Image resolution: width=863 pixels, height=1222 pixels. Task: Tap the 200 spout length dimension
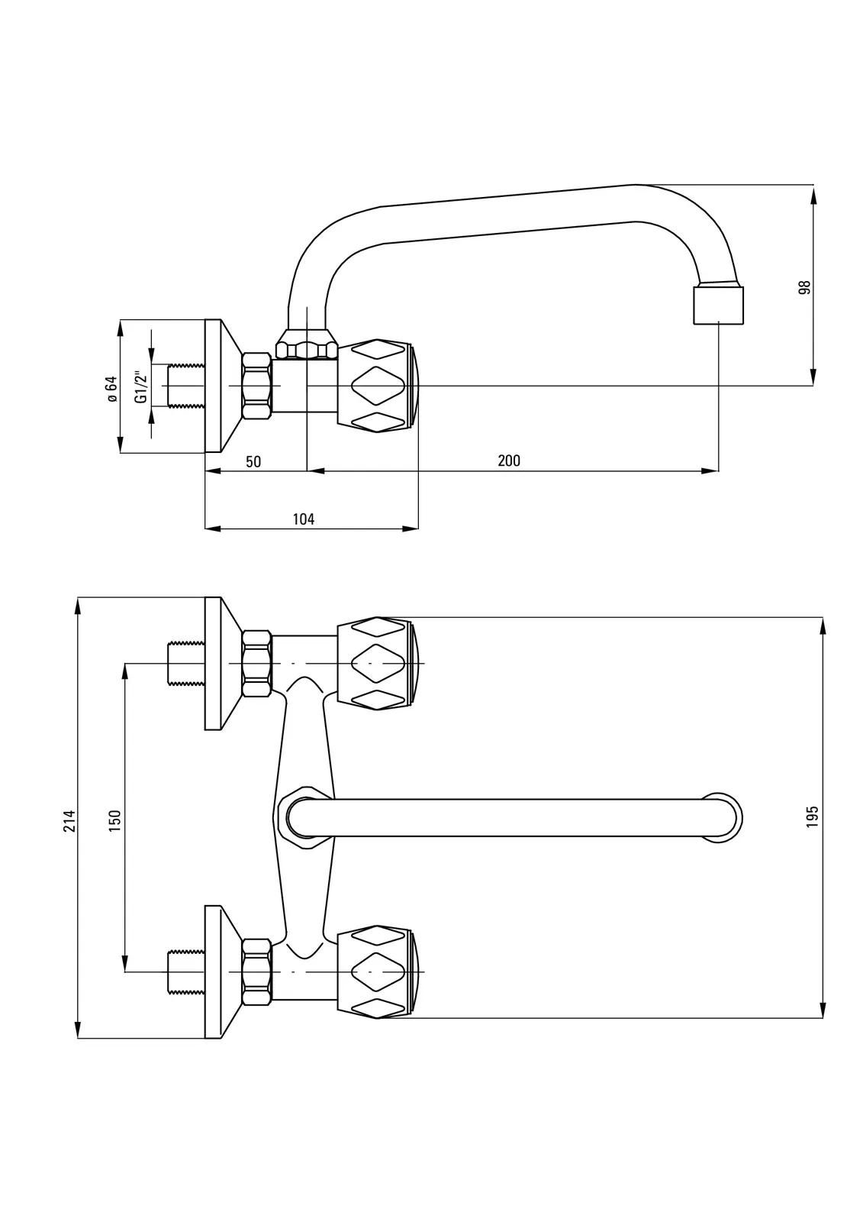pos(509,461)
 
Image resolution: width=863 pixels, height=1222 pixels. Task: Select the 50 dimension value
pos(253,461)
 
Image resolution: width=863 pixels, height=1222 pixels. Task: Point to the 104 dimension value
pos(304,519)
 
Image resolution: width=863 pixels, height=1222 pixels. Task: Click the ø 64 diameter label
pos(111,387)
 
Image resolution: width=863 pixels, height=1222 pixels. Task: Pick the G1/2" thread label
pos(140,386)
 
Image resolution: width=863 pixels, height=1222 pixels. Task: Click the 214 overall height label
pos(69,820)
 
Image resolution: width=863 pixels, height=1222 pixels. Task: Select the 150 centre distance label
pos(115,820)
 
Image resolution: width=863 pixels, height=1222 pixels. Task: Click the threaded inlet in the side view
pos(185,386)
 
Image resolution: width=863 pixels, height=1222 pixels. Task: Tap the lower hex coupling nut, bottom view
pos(256,971)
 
